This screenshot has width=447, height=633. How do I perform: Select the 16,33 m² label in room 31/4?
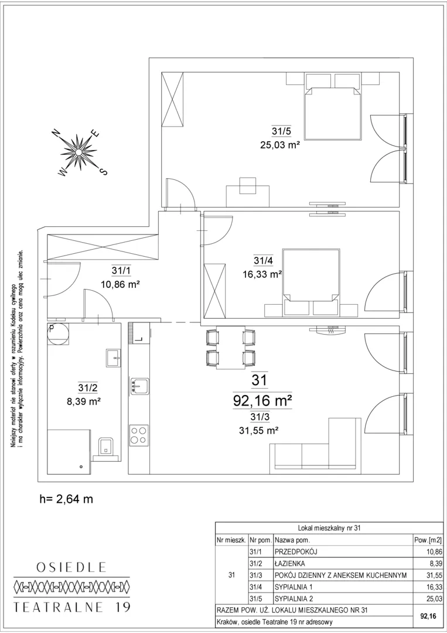[262, 274]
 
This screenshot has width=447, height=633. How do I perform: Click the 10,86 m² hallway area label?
[120, 284]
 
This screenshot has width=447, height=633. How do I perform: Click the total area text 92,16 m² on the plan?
[262, 400]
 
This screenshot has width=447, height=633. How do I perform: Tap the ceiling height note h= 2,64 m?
[67, 499]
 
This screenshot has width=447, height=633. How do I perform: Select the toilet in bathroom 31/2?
[107, 449]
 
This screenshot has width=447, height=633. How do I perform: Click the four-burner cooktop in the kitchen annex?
[139, 435]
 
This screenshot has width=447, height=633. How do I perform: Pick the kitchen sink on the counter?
[139, 386]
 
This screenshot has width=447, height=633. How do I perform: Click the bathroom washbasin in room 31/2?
[114, 358]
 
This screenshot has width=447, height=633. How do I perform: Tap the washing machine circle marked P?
[57, 334]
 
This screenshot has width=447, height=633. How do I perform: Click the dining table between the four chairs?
[231, 347]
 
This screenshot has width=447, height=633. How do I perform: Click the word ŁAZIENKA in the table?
[289, 564]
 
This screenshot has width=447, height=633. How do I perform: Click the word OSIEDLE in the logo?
[71, 567]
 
